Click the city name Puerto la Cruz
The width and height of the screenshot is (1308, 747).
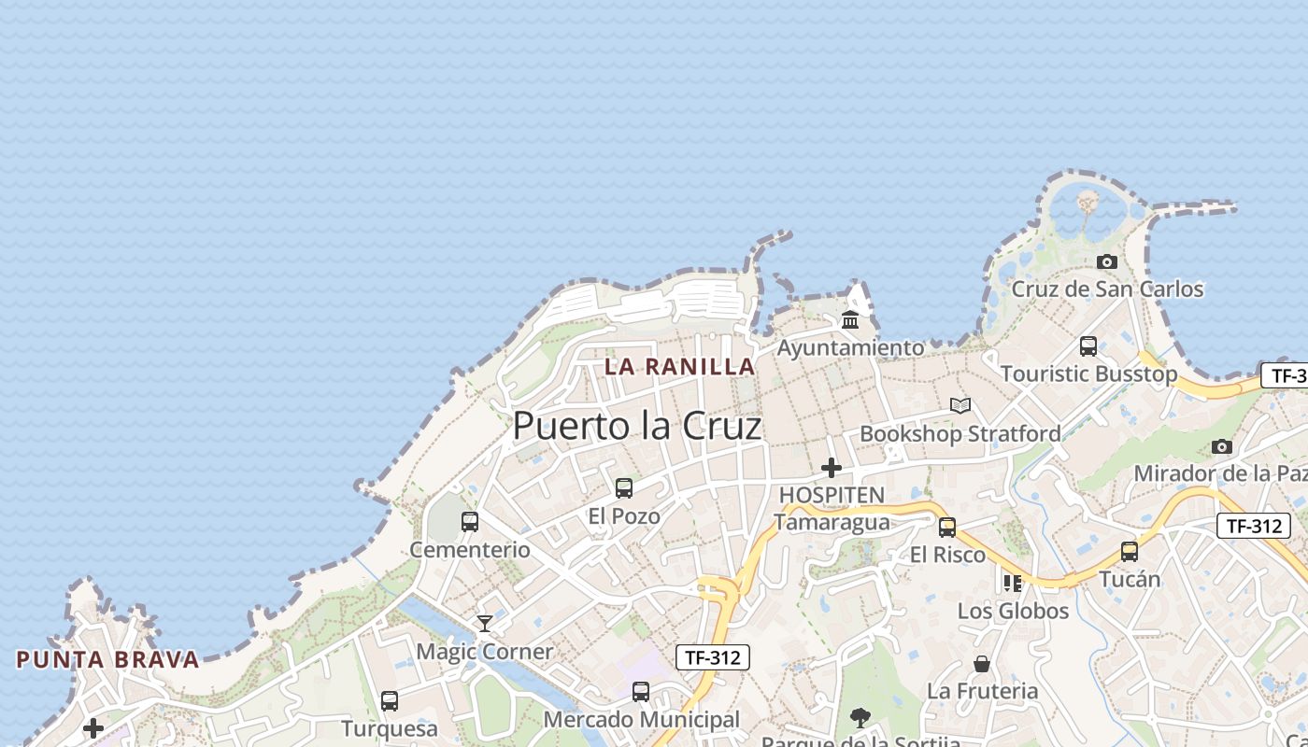(x=637, y=426)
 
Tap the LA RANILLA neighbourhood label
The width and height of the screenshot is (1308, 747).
(x=679, y=366)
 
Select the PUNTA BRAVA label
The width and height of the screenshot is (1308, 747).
(x=107, y=659)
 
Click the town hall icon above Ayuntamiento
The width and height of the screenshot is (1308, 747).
(x=850, y=320)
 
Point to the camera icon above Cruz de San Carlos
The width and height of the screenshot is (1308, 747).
(x=1107, y=261)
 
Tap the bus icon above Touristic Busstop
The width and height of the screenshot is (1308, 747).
(x=1088, y=346)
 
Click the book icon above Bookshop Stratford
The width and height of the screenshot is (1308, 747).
(x=960, y=405)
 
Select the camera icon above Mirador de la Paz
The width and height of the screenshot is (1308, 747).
(x=1222, y=446)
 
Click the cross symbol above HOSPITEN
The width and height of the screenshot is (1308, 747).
(x=831, y=467)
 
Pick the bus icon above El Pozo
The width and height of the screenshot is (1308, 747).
(x=624, y=487)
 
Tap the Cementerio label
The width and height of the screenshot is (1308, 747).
(x=470, y=549)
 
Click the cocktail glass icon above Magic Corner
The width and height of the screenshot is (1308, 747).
(x=485, y=623)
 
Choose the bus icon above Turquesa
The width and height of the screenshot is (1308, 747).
(x=390, y=700)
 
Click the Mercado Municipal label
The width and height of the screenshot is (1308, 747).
(x=641, y=720)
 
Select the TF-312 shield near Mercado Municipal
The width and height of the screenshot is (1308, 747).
(x=713, y=657)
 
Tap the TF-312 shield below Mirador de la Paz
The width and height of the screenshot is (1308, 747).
(x=1254, y=526)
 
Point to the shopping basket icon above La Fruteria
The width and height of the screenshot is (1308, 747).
(x=982, y=664)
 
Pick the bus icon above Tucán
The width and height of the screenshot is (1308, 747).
(x=1130, y=551)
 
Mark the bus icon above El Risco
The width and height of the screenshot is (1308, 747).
(x=947, y=527)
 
